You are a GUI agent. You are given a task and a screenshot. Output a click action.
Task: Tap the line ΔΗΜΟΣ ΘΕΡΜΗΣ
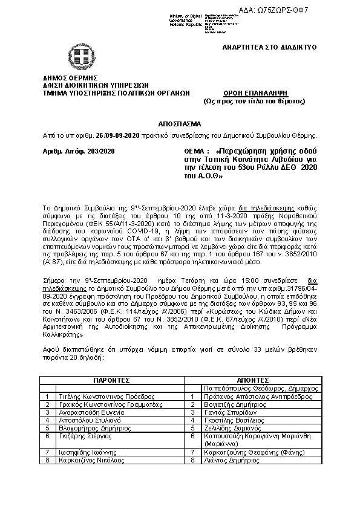click(70, 78)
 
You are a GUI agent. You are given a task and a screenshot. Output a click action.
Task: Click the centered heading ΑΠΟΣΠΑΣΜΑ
click(180, 122)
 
